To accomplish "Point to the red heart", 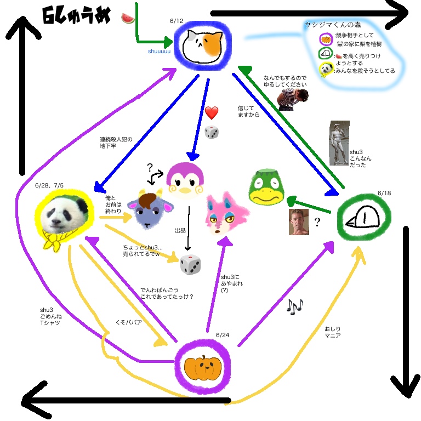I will [x=212, y=113].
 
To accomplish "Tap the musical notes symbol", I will [x=294, y=307].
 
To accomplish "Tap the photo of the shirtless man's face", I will [x=299, y=221].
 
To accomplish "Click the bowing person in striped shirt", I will [x=294, y=99].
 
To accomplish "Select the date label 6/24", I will [x=221, y=335].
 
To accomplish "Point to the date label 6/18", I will [x=385, y=193].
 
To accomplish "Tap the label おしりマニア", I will [x=332, y=332].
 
